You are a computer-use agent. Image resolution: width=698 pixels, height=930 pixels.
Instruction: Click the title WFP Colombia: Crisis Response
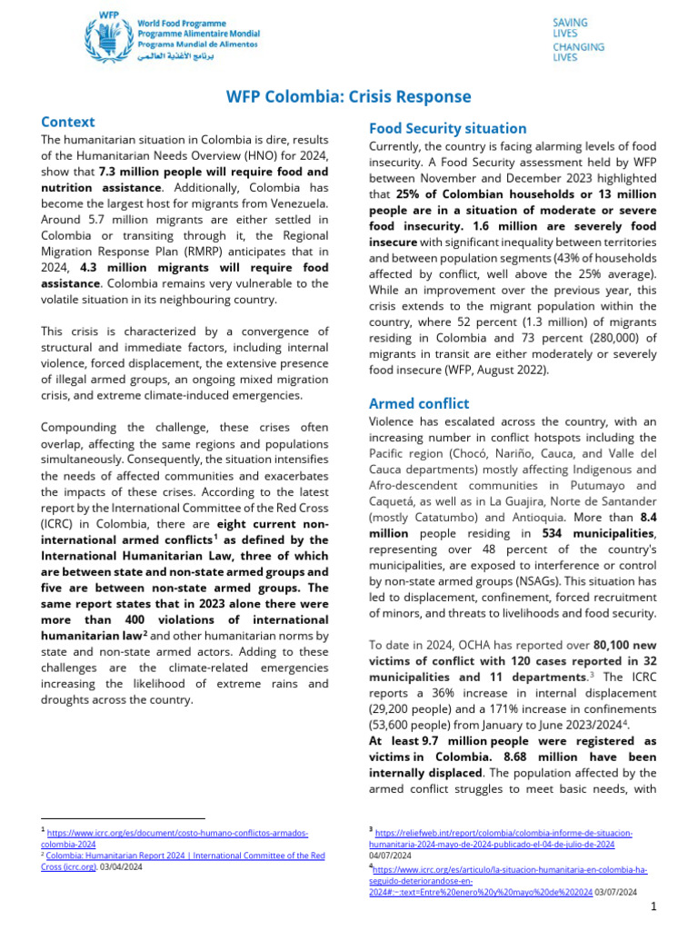pos(349,96)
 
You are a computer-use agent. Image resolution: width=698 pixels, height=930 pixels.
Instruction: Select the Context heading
pos(68,121)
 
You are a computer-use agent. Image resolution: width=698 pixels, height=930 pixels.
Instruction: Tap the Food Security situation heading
pos(447,128)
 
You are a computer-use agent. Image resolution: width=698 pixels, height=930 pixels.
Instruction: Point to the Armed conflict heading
pos(418,402)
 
